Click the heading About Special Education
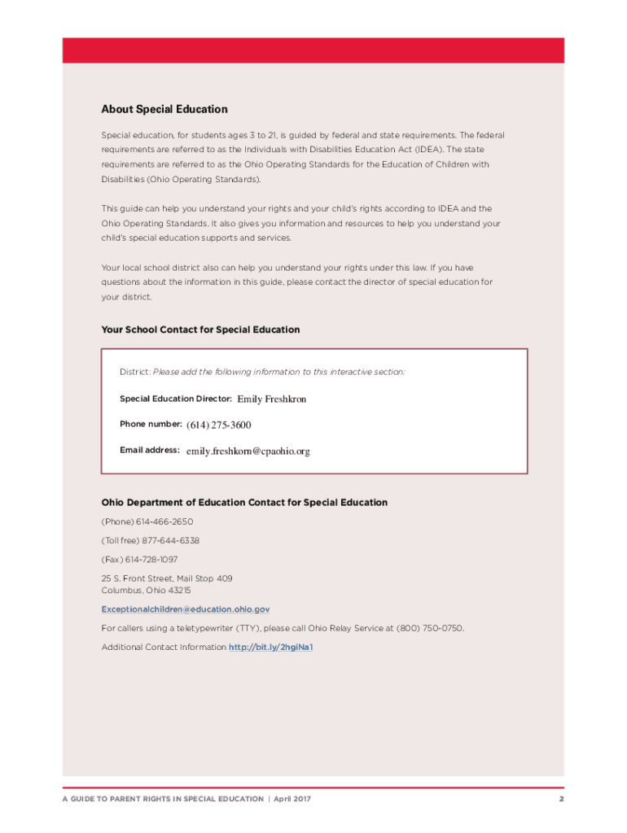point(164,109)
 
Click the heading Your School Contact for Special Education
point(200,329)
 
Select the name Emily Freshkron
point(272,399)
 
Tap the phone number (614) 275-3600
point(219,425)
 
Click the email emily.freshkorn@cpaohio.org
point(248,451)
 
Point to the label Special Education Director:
point(176,399)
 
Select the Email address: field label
point(150,450)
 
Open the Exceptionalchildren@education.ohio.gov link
point(186,608)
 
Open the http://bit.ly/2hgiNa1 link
point(271,647)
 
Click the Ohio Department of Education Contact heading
point(244,503)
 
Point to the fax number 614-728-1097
point(151,559)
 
